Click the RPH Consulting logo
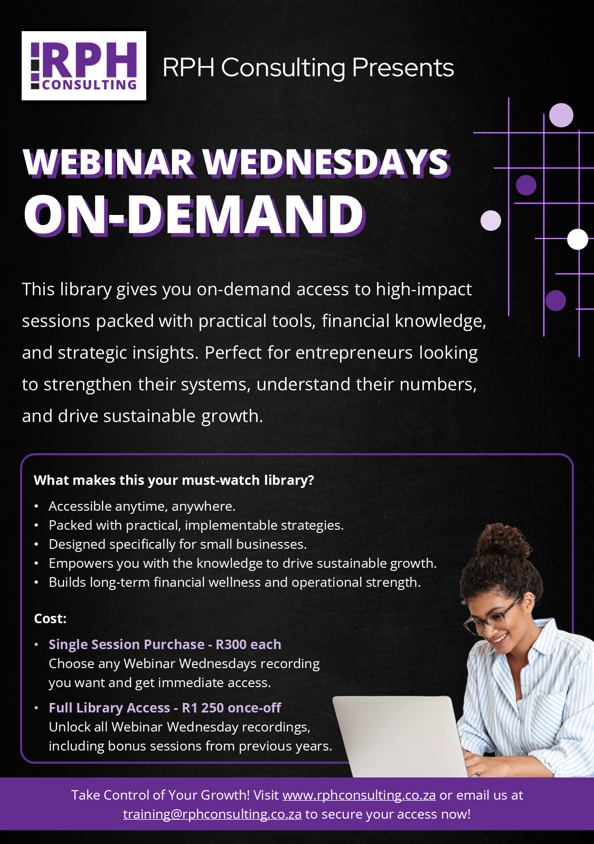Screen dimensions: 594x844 [x=83, y=65]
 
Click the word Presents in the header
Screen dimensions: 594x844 [x=403, y=68]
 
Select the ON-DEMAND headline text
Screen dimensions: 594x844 [x=194, y=215]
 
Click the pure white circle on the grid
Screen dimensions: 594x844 [x=578, y=239]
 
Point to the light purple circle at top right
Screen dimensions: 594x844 [x=561, y=115]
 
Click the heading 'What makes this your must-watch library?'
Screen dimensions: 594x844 [x=174, y=481]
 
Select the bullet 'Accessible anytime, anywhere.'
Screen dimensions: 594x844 [x=142, y=506]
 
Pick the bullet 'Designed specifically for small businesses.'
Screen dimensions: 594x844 [x=178, y=544]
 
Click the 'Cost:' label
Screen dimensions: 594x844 [x=50, y=618]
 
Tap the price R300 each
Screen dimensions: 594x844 [x=248, y=644]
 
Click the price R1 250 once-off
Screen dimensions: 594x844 [x=232, y=708]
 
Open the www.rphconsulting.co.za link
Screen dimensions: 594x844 [x=359, y=795]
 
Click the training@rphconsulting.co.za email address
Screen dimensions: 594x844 [x=212, y=814]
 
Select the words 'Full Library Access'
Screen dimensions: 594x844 [x=110, y=708]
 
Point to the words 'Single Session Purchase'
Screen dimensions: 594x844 [x=127, y=644]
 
